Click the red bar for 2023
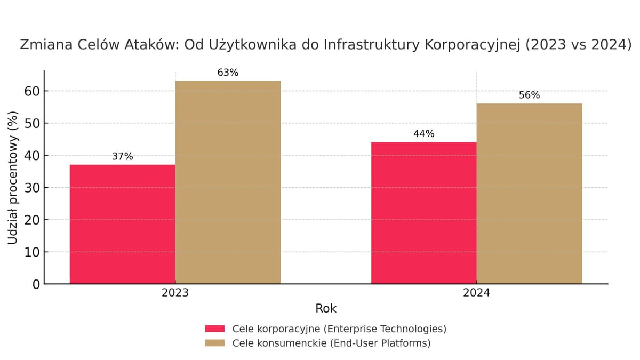point(122,224)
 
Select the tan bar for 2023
point(228,182)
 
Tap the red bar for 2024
point(424,213)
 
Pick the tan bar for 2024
point(529,193)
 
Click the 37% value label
point(122,157)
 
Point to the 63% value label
point(228,73)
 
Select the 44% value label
point(424,134)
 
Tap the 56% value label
point(529,95)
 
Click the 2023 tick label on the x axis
point(175,293)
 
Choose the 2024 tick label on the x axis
point(476,293)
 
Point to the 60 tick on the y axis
point(33,91)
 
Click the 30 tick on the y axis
point(33,188)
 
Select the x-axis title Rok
point(326,308)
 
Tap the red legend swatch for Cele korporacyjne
point(215,329)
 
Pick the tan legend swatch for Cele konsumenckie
point(215,343)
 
